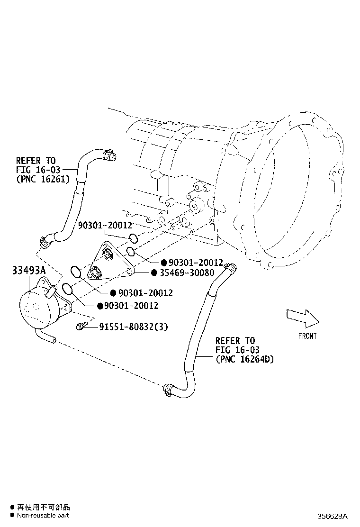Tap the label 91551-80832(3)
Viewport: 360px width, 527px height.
(133, 327)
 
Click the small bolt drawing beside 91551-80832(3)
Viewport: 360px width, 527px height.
(81, 326)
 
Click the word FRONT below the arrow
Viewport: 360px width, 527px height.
(307, 336)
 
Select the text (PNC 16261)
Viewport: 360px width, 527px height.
(43, 179)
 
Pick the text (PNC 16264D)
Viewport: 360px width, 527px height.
(244, 359)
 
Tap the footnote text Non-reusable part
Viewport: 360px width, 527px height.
(43, 515)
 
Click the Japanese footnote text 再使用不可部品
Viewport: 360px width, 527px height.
(43, 507)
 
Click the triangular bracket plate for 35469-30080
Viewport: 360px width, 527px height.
(108, 263)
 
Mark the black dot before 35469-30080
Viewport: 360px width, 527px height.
(154, 273)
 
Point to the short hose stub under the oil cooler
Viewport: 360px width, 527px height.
(46, 338)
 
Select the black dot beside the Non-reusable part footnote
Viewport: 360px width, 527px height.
(12, 515)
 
